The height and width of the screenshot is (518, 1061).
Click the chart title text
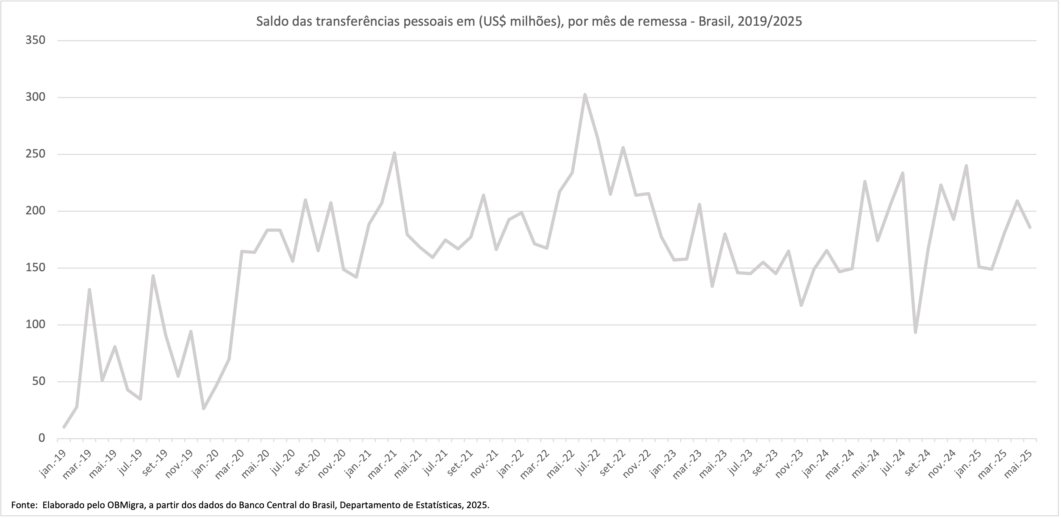point(529,21)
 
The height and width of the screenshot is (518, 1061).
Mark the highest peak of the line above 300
point(585,95)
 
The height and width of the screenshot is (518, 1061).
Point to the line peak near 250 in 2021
point(394,153)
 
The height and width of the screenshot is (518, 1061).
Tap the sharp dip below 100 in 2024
point(915,332)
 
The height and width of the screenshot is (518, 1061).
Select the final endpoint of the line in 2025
point(1030,227)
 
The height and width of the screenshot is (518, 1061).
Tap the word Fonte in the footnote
point(24,505)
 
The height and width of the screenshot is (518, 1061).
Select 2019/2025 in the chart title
point(769,21)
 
